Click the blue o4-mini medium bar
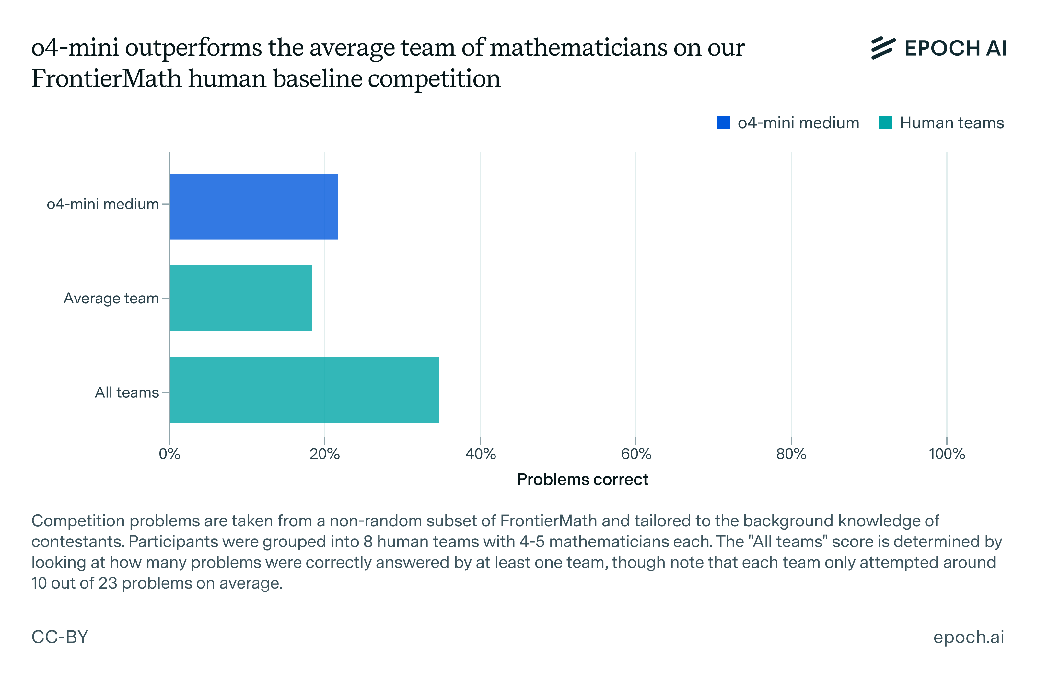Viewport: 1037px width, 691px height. (253, 206)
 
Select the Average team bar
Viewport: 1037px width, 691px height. (240, 298)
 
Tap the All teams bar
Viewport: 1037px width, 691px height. (304, 390)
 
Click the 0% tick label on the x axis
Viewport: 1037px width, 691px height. (169, 454)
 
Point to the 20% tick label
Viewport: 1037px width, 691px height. (325, 454)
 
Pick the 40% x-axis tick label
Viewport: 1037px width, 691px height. (480, 454)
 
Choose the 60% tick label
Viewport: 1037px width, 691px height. (636, 454)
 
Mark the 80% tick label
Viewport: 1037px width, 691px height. (791, 454)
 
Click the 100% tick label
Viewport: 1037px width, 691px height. (947, 454)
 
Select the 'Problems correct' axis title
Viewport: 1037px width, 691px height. (582, 479)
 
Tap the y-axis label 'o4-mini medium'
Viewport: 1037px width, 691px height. (103, 204)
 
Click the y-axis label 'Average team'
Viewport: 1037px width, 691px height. (111, 299)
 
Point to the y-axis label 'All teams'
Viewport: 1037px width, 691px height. (127, 392)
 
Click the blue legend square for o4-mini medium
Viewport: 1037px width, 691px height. (723, 123)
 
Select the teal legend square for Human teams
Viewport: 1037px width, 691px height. (885, 123)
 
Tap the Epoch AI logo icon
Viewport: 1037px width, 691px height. (883, 48)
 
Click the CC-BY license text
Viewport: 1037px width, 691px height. (60, 637)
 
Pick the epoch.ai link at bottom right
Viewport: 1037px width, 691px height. (968, 637)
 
